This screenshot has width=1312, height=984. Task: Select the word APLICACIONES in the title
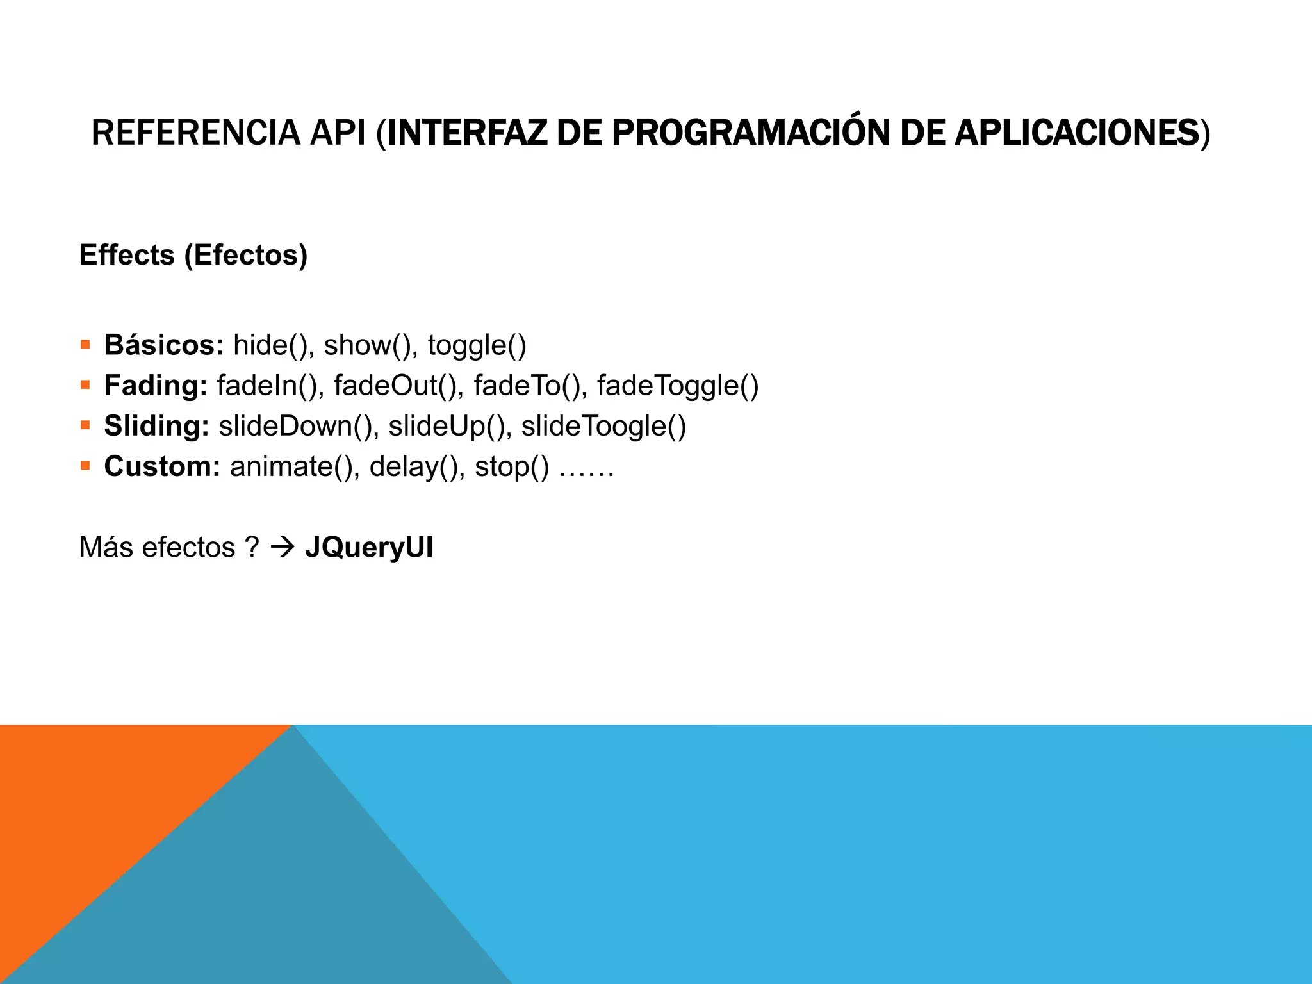[x=1076, y=133]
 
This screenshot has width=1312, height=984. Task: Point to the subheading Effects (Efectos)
[x=193, y=255]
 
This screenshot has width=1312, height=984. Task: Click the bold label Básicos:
[x=164, y=345]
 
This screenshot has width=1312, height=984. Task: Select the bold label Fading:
[x=156, y=386]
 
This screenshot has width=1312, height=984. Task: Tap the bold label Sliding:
[x=157, y=426]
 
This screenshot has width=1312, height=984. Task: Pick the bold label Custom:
[x=162, y=466]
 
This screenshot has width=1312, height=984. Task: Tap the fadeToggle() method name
[x=678, y=386]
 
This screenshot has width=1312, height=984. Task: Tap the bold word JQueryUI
[x=369, y=548]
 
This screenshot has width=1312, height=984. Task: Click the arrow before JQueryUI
[x=282, y=547]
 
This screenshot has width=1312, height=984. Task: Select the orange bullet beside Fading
[x=85, y=385]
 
